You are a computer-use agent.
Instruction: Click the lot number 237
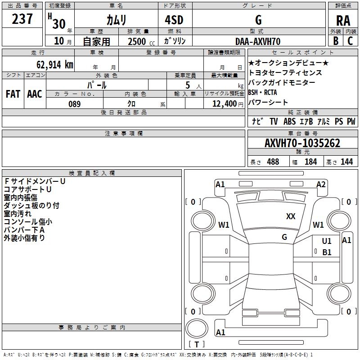(22, 19)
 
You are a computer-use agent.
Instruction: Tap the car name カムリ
(116, 20)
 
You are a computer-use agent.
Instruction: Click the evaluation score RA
(343, 21)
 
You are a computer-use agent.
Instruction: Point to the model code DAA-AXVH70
(258, 41)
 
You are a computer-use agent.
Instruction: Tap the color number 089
(74, 104)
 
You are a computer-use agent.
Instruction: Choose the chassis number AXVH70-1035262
(302, 144)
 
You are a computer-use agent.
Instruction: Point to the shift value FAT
(13, 94)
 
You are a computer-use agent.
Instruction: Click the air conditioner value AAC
(34, 94)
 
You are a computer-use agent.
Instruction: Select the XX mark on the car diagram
(291, 216)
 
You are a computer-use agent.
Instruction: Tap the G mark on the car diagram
(284, 237)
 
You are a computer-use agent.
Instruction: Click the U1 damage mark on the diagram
(327, 242)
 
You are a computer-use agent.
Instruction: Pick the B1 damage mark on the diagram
(327, 252)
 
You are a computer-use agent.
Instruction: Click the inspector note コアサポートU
(27, 189)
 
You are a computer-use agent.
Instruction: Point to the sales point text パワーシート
(269, 102)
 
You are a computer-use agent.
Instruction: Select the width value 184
(310, 162)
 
